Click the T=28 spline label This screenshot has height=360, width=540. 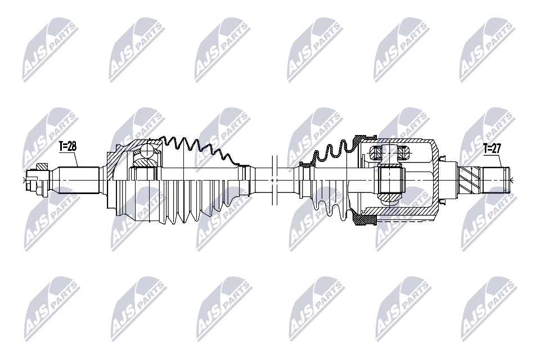68,146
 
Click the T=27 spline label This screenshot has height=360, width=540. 492,149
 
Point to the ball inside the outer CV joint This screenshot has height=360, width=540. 147,151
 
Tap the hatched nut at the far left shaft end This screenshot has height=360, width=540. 41,167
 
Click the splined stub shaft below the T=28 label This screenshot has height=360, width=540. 76,179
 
